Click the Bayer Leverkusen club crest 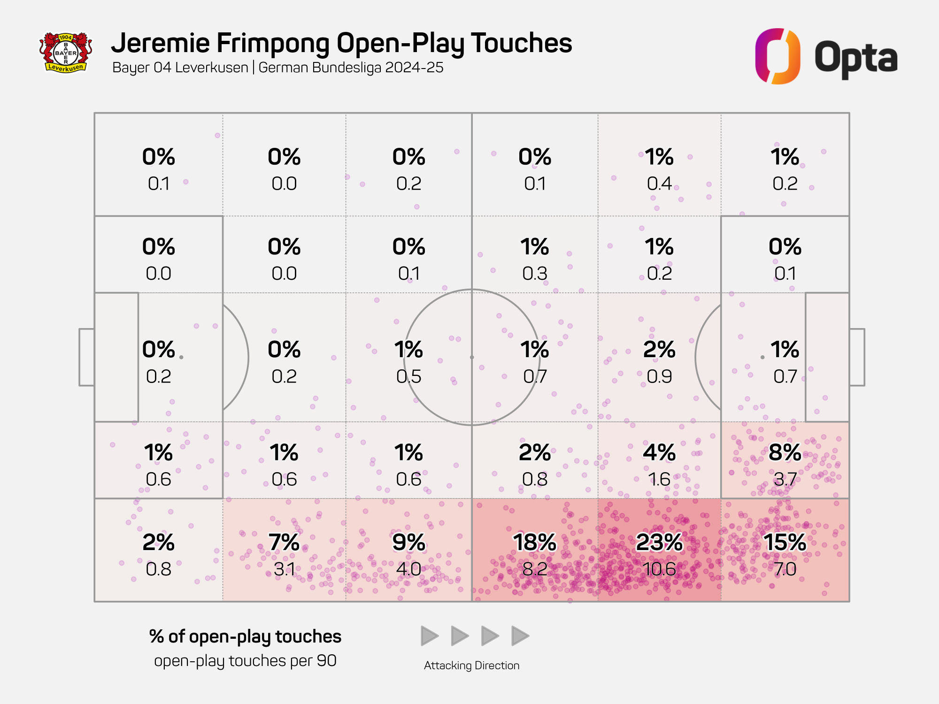pos(65,53)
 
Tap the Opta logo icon pos(777,56)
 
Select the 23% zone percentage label pos(659,543)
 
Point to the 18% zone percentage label pos(534,543)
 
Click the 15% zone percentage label pos(785,543)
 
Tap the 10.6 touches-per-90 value pos(659,569)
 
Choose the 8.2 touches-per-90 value pos(534,569)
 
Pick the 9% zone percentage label pos(408,543)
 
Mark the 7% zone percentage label pos(284,543)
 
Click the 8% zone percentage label pos(785,453)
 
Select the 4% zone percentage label pos(659,453)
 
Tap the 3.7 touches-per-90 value pos(785,479)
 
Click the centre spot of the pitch pos(472,357)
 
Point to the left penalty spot pos(181,357)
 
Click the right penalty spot pos(762,357)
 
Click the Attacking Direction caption pos(471,666)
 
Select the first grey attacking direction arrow pos(429,636)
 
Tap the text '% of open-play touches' pos(245,637)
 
